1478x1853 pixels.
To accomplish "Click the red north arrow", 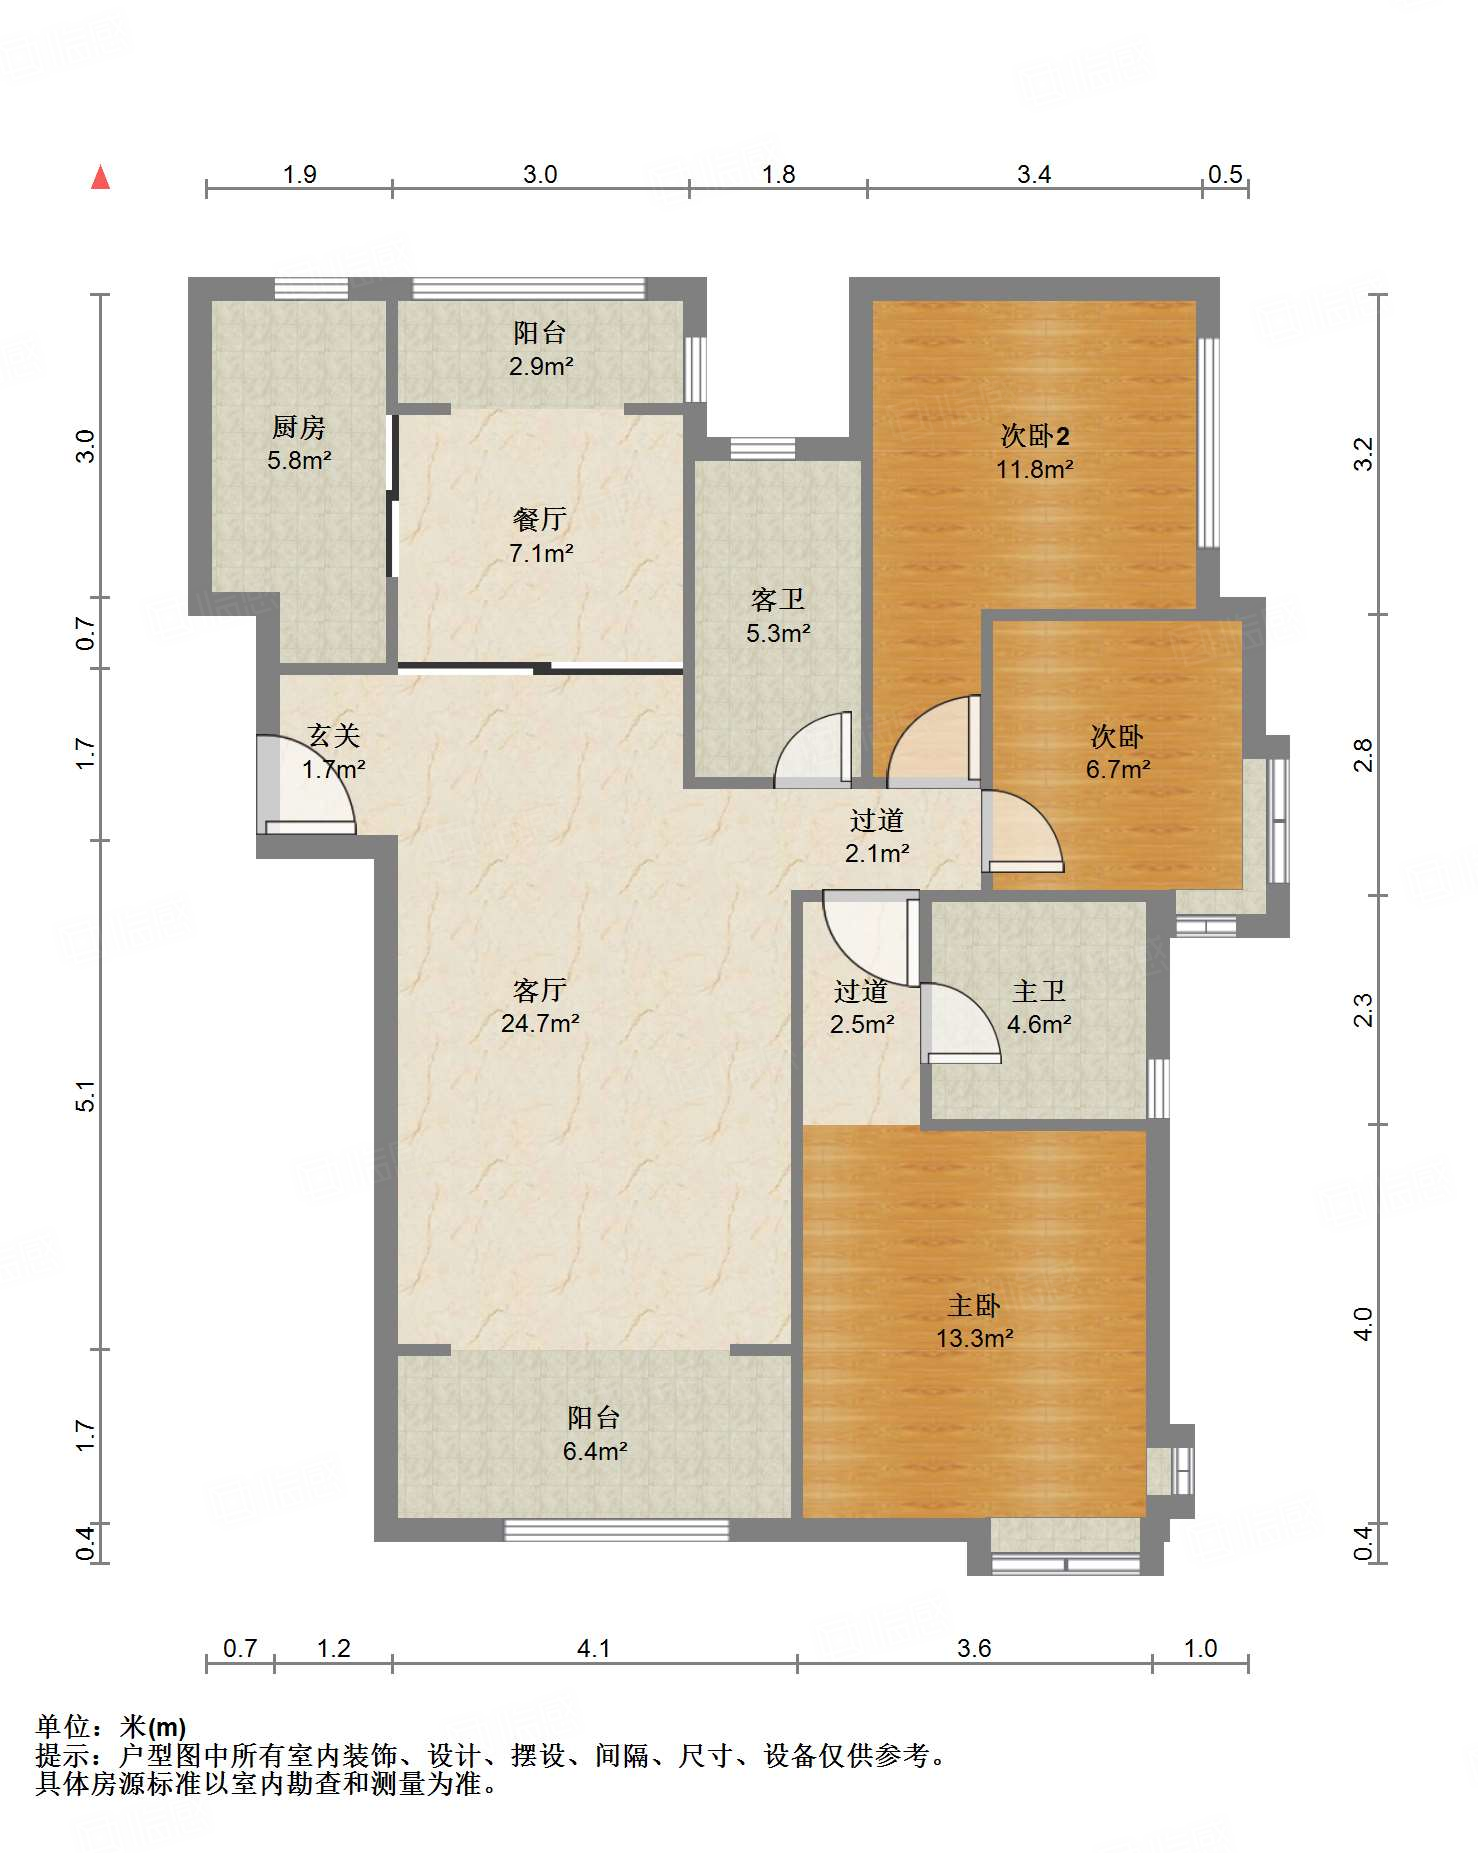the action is [x=100, y=177].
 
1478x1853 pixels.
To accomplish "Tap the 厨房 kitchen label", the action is [x=299, y=428].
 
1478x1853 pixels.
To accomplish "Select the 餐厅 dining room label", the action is [x=540, y=519].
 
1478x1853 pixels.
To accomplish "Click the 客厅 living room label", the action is [x=540, y=990].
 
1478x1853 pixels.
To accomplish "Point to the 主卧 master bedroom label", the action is [x=974, y=1305].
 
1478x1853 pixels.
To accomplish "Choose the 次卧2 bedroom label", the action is [x=1035, y=436].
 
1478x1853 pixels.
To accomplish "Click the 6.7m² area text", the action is [x=1118, y=770].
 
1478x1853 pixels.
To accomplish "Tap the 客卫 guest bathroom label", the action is [x=778, y=599].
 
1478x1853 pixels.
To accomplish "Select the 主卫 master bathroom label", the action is [x=1039, y=991].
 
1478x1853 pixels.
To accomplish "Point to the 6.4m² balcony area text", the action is [x=595, y=1451].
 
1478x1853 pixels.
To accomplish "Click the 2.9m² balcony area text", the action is [x=541, y=366].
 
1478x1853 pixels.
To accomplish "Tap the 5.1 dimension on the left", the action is [x=87, y=1096].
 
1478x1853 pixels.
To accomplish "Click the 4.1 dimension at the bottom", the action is [x=594, y=1647].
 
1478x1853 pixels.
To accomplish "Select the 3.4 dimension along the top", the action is [x=1034, y=174].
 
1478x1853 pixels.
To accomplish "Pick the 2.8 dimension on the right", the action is [x=1364, y=756].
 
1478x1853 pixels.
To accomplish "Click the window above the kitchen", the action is [x=311, y=288].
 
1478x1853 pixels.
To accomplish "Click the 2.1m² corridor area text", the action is [x=877, y=853].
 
